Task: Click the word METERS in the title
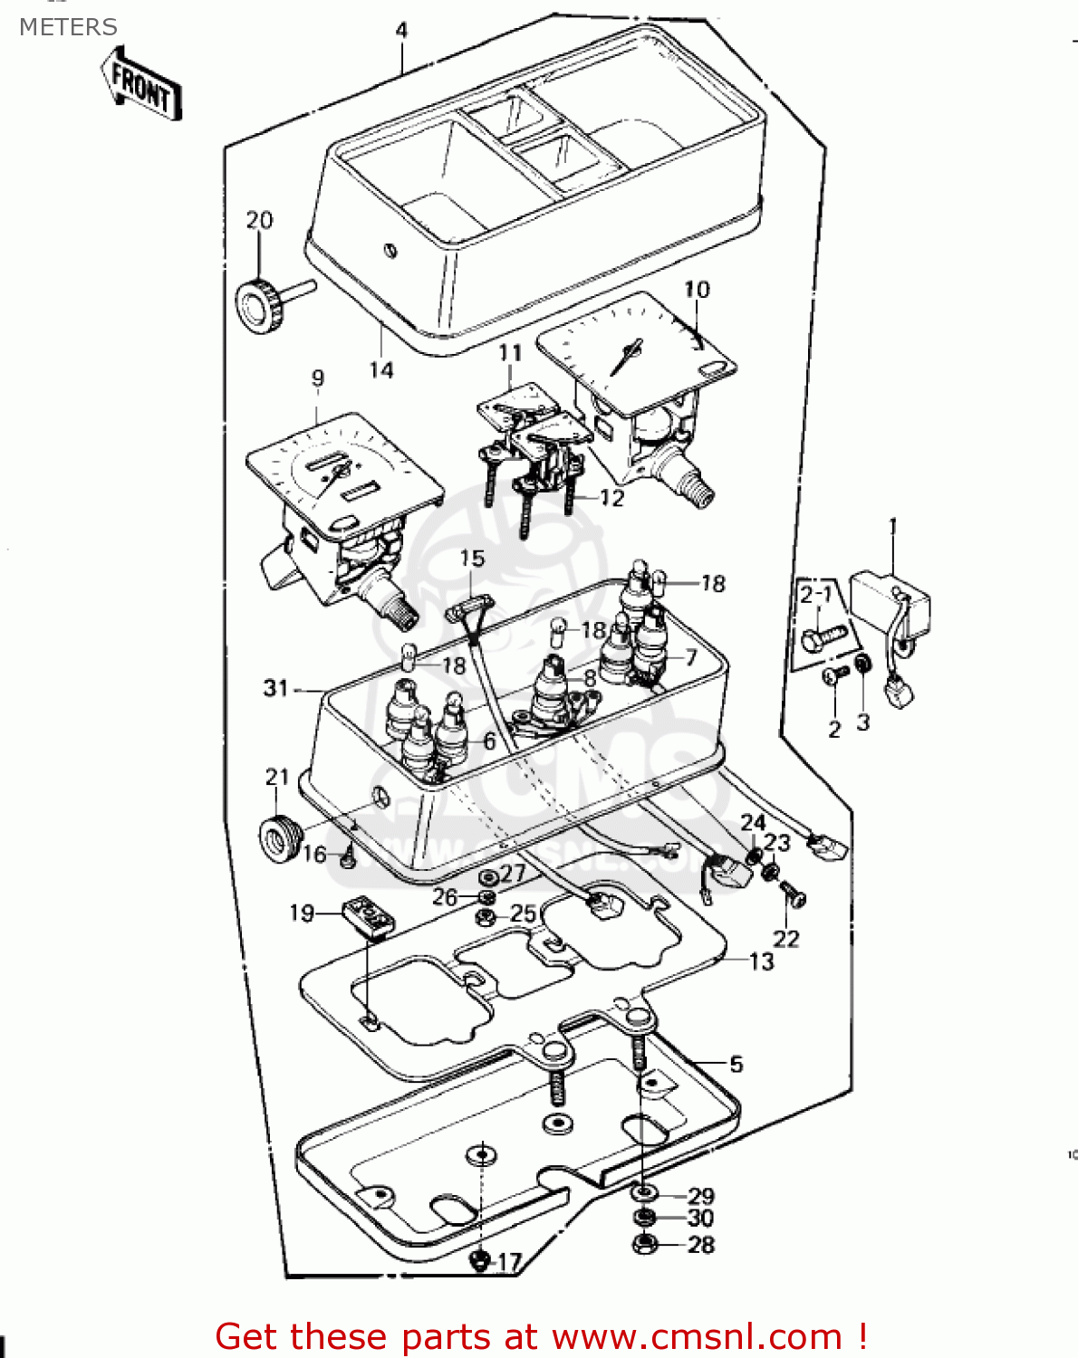click(x=68, y=27)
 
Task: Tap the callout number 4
click(x=401, y=30)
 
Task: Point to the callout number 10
click(x=697, y=290)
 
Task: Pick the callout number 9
click(x=317, y=378)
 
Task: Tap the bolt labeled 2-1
click(x=822, y=639)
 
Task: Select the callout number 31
click(x=275, y=688)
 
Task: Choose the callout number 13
click(x=762, y=961)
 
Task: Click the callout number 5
click(x=736, y=1065)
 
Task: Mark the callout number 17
click(x=510, y=1262)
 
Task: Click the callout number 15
click(x=472, y=559)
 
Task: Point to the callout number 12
click(x=612, y=498)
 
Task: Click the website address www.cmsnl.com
click(x=698, y=1336)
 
